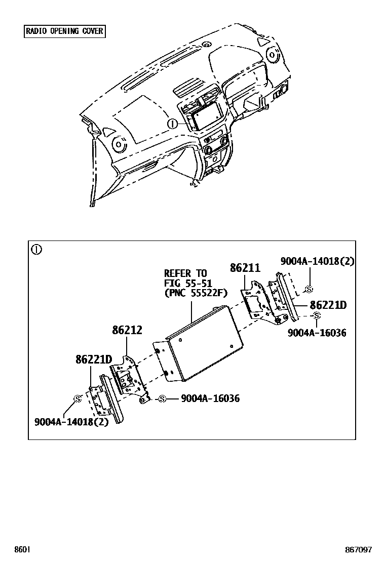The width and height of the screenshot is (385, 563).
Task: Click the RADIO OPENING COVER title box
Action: point(64,31)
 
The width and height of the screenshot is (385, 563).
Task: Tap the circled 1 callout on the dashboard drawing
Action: point(173,123)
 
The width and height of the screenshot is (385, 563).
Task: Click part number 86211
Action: point(245,268)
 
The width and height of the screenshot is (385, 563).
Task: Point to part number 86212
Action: point(127,331)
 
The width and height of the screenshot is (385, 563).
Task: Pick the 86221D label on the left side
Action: point(93,359)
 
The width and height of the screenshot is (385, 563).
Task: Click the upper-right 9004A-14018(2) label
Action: point(317,261)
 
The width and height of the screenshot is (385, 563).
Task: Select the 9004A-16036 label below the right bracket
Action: point(317,333)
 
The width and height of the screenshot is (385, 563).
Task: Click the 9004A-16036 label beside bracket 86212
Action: point(210,399)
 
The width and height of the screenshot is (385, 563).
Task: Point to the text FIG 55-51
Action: point(187,283)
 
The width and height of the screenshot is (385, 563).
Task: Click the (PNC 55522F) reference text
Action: point(194,293)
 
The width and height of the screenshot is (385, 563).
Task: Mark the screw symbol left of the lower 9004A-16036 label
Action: point(162,399)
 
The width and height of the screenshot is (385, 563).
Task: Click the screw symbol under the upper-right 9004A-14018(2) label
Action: point(309,289)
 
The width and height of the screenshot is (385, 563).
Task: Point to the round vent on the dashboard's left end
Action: point(120,144)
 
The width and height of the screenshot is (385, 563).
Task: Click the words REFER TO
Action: point(185,273)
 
